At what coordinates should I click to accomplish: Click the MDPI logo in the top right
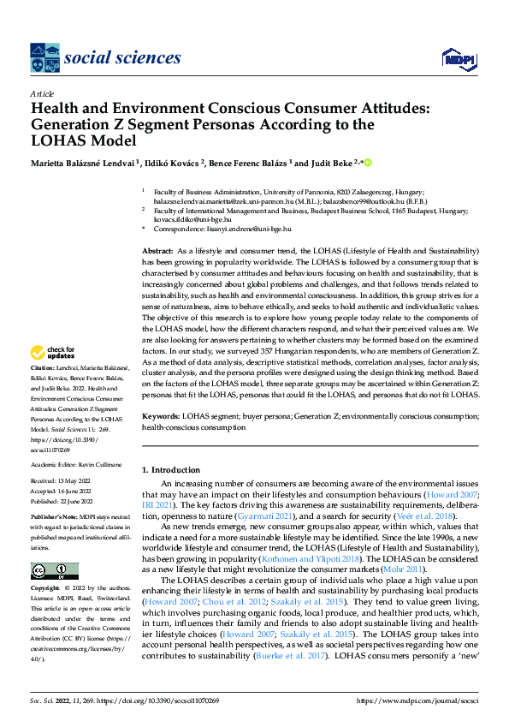tap(458, 58)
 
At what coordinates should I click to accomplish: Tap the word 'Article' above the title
tap(42, 92)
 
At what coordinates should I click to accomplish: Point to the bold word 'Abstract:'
tap(160, 248)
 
